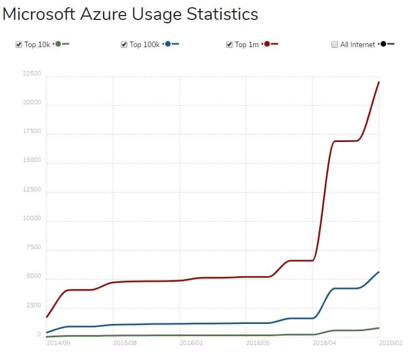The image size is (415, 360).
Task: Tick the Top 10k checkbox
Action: pyautogui.click(x=19, y=44)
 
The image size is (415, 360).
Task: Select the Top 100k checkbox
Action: pyautogui.click(x=124, y=44)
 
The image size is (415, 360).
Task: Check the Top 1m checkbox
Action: pyautogui.click(x=229, y=44)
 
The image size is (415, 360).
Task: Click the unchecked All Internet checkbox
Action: pyautogui.click(x=335, y=44)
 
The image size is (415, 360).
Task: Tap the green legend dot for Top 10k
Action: pyautogui.click(x=58, y=44)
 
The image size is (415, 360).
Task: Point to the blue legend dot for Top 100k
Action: pyautogui.click(x=168, y=44)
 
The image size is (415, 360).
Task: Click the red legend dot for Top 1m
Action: pyautogui.click(x=267, y=44)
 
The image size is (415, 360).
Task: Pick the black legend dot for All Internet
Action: pyautogui.click(x=383, y=44)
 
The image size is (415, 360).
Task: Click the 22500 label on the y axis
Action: pyautogui.click(x=32, y=74)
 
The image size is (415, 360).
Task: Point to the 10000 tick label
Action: pyautogui.click(x=32, y=219)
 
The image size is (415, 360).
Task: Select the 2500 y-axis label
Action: pyautogui.click(x=33, y=306)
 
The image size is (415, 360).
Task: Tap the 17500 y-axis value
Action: pyautogui.click(x=32, y=131)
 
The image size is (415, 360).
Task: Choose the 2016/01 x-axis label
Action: pyautogui.click(x=191, y=343)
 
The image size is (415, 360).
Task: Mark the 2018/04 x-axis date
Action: pyautogui.click(x=324, y=343)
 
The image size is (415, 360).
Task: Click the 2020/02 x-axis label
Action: pyautogui.click(x=391, y=343)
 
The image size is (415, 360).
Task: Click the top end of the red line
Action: pyautogui.click(x=378, y=83)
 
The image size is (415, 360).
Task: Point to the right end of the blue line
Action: pyautogui.click(x=378, y=272)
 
